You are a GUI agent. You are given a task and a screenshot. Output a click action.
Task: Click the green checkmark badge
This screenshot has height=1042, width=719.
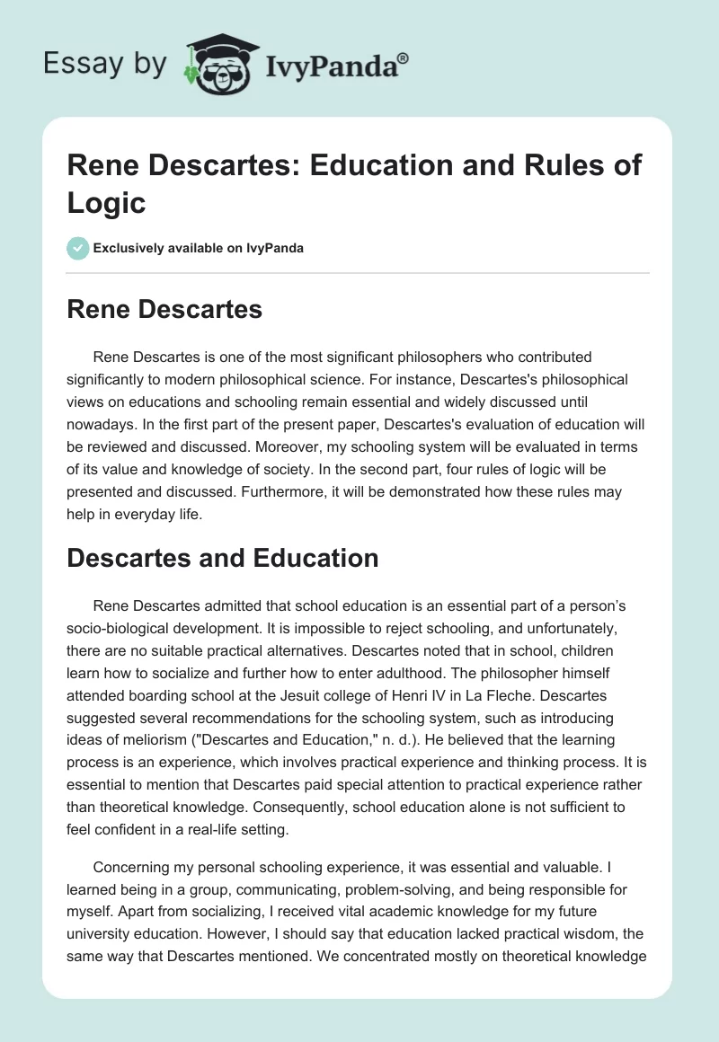pos(77,248)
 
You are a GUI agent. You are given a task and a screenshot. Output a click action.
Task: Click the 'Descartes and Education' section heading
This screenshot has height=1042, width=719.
pos(224,558)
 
